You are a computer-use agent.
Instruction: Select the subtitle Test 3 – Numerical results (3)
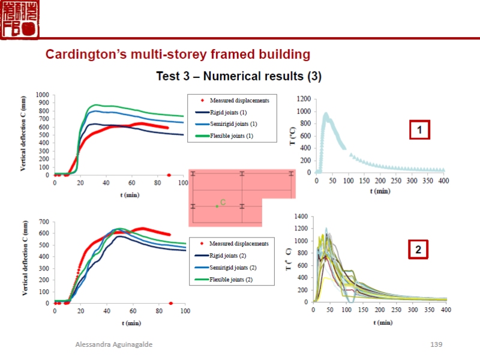point(239,76)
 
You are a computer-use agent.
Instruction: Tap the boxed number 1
point(421,130)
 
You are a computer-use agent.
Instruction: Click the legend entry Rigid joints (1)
point(228,112)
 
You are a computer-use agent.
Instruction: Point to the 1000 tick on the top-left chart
point(43,95)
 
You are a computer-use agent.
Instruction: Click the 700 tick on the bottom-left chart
point(44,223)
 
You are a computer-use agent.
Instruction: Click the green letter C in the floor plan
point(223,203)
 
